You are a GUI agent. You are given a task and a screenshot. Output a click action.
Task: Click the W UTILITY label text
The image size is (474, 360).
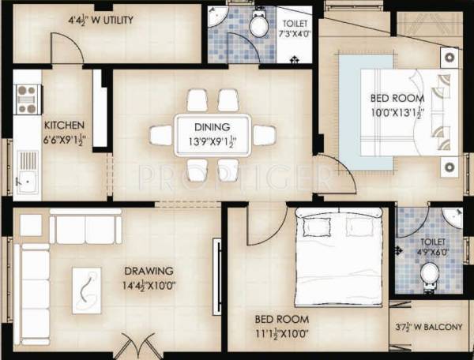point(100,19)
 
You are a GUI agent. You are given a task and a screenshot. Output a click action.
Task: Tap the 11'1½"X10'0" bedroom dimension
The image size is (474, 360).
point(281,333)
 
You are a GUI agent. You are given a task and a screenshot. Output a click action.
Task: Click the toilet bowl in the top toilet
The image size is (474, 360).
point(258,24)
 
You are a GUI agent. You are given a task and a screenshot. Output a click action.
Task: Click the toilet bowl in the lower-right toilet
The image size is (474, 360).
point(430,276)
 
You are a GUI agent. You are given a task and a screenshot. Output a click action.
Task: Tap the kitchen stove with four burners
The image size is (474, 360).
point(27,99)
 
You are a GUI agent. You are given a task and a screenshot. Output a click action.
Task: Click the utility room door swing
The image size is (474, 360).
point(66,47)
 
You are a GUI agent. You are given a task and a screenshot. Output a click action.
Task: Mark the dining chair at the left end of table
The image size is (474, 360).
point(161,136)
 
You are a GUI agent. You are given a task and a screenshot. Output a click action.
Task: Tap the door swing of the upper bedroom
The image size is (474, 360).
point(333,174)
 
